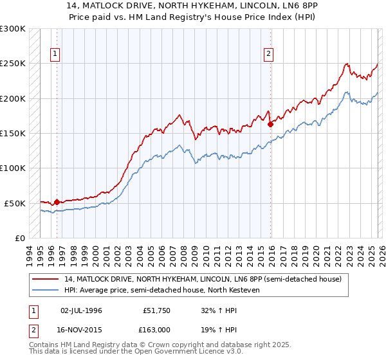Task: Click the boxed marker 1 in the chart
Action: [x=57, y=55]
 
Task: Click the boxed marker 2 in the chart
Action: [x=268, y=55]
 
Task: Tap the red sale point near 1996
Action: [x=57, y=202]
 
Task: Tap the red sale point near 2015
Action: [x=271, y=125]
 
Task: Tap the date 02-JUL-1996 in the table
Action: [x=81, y=310]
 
